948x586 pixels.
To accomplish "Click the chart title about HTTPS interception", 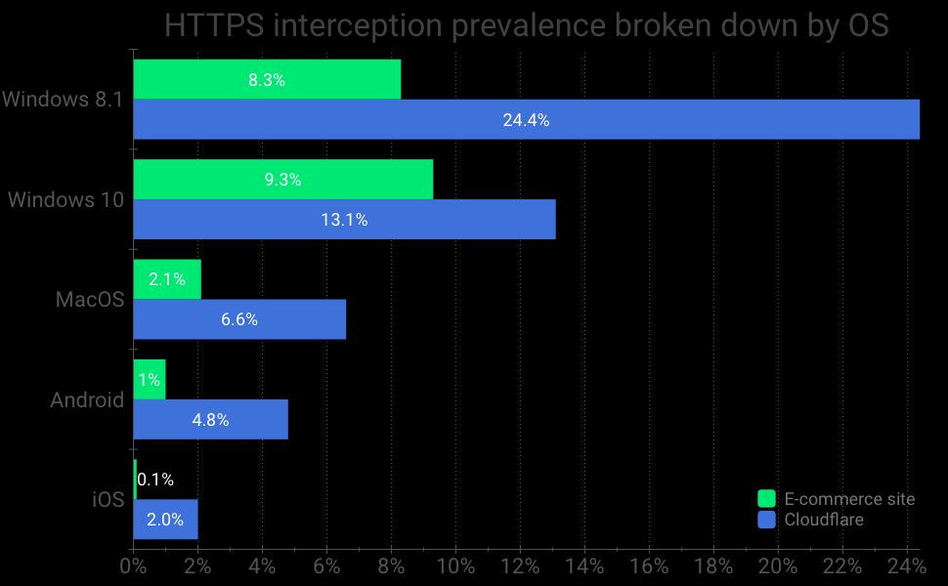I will pos(526,25).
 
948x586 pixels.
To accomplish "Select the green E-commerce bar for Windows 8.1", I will pos(267,80).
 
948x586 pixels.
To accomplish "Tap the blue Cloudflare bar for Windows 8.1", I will pos(526,120).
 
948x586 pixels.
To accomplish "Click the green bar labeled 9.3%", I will pos(282,180).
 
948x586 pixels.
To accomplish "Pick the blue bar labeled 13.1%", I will pos(344,220).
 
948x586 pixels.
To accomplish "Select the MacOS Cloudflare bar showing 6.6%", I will pos(239,319).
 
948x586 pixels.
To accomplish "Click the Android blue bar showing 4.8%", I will pos(210,420).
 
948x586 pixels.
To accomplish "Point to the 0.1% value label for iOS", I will pos(155,480).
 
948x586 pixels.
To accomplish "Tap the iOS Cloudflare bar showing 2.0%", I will pos(165,520).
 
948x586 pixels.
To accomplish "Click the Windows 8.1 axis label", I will pos(62,100).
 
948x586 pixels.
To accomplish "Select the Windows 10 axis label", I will pos(65,199).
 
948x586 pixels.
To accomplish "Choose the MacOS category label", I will pos(89,300).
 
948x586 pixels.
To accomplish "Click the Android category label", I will pos(87,399).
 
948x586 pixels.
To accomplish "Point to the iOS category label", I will pos(108,500).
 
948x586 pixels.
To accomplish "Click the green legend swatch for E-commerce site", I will pos(767,499).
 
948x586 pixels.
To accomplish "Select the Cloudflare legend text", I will pos(824,520).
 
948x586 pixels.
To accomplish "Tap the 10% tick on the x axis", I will pos(455,566).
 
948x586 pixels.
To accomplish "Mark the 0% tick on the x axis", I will pos(133,566).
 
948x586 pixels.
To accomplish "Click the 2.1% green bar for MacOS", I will pos(167,279).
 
